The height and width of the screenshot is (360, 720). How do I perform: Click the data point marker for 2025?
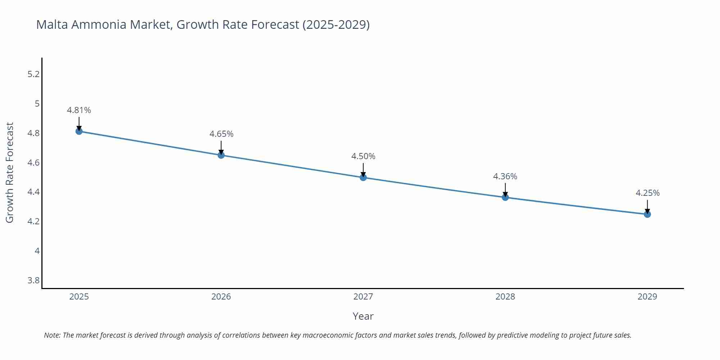[x=79, y=131]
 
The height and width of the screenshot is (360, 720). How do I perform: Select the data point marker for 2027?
[x=363, y=177]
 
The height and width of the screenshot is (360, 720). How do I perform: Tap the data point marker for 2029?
[x=647, y=214]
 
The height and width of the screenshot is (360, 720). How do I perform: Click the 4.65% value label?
[x=221, y=134]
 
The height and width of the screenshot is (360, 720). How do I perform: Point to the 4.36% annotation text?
[x=505, y=176]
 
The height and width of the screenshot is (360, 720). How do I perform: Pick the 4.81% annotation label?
[x=79, y=110]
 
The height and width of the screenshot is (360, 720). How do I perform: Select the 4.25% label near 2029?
[x=647, y=193]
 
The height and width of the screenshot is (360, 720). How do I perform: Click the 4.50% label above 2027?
[x=363, y=156]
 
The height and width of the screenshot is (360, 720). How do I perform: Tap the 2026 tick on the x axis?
[x=221, y=297]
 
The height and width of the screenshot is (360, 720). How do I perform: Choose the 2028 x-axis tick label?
[x=505, y=297]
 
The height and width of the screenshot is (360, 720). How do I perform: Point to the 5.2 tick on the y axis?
[x=33, y=74]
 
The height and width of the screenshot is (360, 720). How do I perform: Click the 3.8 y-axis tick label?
[x=33, y=280]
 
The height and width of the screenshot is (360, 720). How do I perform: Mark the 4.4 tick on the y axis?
[x=33, y=192]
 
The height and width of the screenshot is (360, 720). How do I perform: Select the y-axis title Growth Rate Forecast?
[x=10, y=172]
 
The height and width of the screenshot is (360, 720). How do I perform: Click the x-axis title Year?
[x=363, y=316]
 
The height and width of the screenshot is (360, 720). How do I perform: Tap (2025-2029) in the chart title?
[x=336, y=24]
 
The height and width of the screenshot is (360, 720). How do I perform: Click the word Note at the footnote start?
[x=52, y=335]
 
